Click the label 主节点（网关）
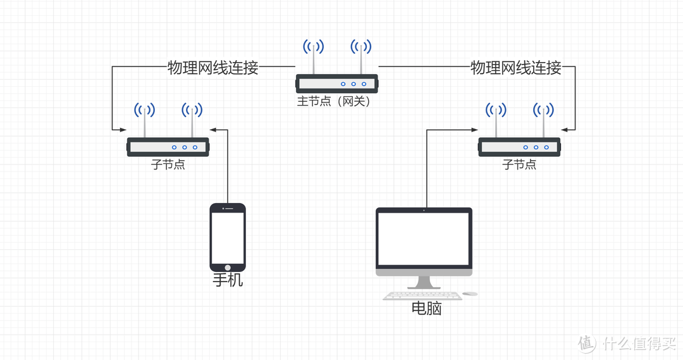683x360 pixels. [333, 101]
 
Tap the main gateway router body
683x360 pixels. [336, 83]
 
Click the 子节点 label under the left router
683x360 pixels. [168, 164]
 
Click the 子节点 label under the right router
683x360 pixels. [519, 164]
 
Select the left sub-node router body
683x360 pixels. [168, 147]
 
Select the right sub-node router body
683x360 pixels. [519, 147]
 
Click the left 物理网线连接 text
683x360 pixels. [212, 68]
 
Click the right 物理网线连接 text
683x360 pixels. [515, 68]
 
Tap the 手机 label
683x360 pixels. [228, 280]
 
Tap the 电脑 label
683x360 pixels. [426, 308]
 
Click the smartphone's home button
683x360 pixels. [228, 266]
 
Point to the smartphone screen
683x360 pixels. [228, 236]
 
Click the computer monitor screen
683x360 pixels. [424, 239]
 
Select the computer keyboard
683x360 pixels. [422, 295]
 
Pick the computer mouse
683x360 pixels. [470, 294]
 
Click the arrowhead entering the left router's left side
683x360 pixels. [123, 130]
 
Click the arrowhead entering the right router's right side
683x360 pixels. [564, 130]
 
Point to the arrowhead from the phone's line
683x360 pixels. [213, 130]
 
